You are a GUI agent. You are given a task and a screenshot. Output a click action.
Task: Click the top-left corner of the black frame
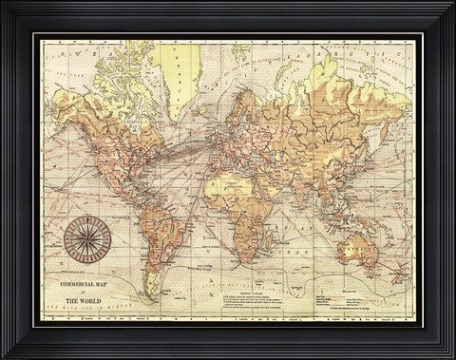tap(4, 4)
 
